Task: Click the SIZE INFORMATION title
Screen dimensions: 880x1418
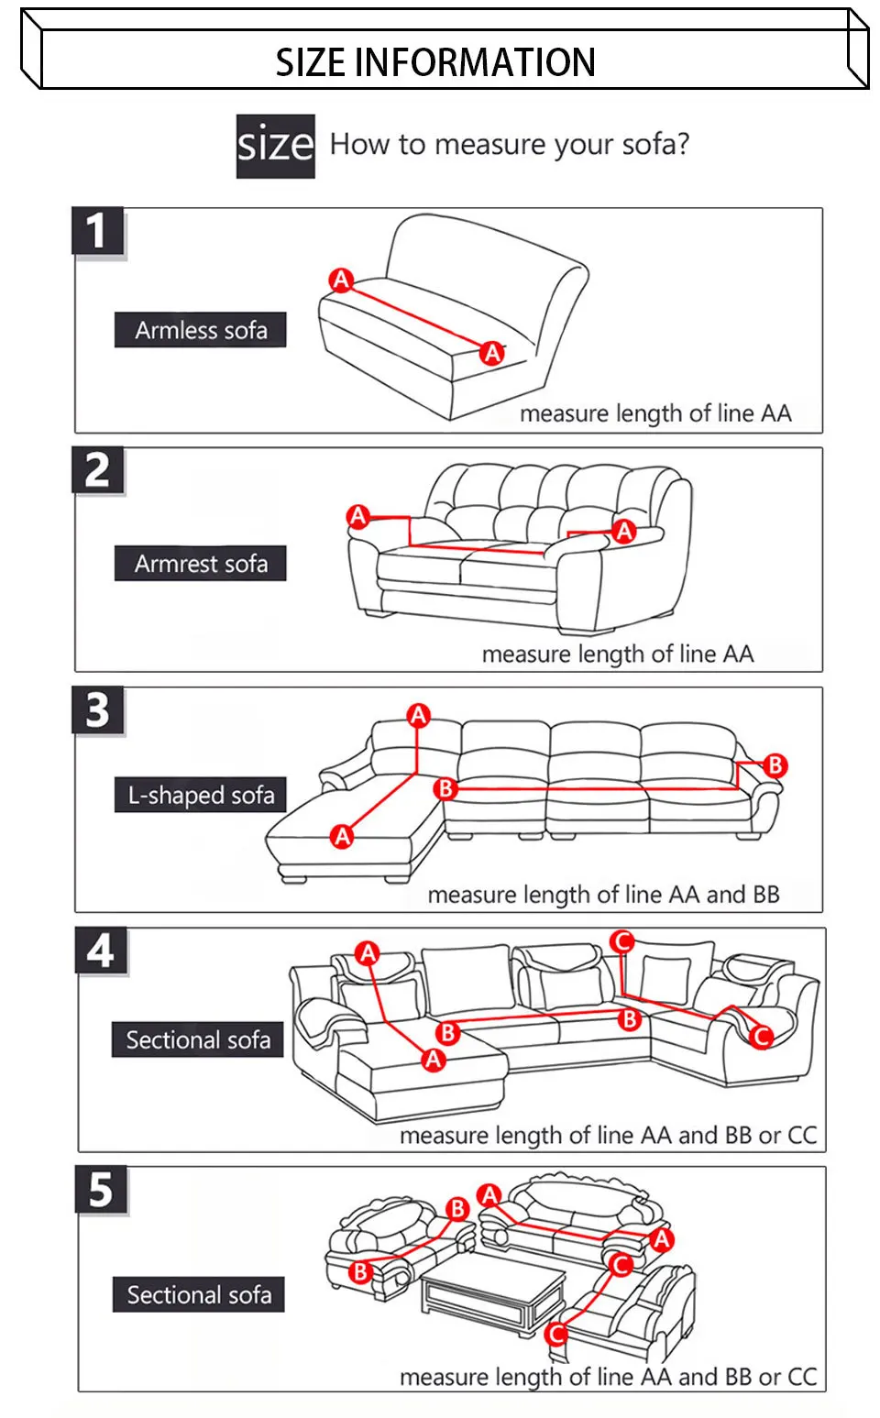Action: pos(435,62)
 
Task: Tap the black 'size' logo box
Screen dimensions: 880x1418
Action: pos(275,146)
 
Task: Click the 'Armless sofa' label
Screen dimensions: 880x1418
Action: pos(201,330)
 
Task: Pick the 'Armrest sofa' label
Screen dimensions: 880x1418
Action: pos(201,564)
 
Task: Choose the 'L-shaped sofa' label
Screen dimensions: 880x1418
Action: pos(201,795)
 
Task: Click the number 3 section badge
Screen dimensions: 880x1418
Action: pos(97,710)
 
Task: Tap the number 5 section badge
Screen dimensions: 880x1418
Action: pos(101,1190)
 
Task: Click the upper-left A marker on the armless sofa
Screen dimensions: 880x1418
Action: pos(341,280)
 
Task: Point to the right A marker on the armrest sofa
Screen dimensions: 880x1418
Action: pos(624,531)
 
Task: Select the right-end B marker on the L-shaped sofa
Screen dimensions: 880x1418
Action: pos(775,764)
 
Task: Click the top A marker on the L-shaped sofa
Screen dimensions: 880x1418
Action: pos(419,715)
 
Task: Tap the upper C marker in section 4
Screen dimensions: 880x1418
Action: pos(621,941)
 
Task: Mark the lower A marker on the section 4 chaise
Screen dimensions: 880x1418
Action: pos(434,1061)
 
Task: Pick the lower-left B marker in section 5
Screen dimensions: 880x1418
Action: pos(360,1271)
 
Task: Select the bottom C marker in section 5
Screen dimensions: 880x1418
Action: pos(556,1334)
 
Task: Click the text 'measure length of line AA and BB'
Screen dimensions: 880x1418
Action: pos(603,895)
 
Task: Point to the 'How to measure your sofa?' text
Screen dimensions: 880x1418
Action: pos(509,145)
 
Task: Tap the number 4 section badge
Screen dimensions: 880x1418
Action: pos(101,951)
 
